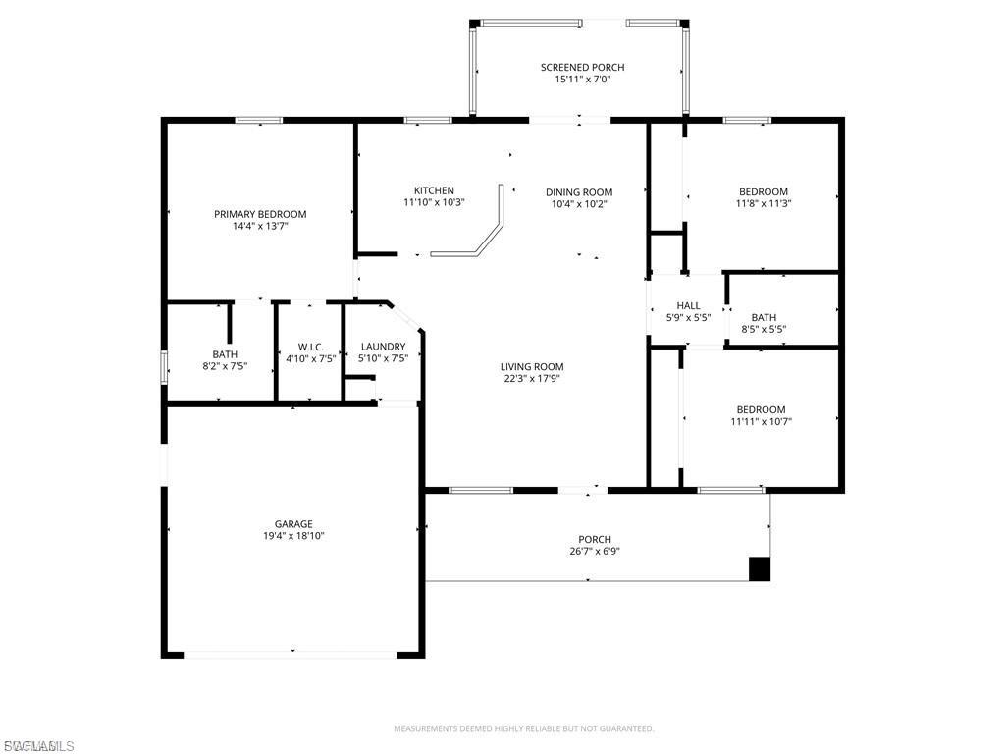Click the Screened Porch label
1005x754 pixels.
click(582, 68)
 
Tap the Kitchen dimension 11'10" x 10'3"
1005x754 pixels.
click(433, 203)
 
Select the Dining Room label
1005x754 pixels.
click(579, 192)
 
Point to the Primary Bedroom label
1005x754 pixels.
click(260, 214)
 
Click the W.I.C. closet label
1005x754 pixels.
click(310, 348)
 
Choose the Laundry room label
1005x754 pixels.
click(383, 347)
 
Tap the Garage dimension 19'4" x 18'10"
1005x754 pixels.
click(293, 536)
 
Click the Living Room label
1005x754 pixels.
click(532, 367)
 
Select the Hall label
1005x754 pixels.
click(688, 306)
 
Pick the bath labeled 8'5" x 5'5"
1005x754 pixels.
click(764, 330)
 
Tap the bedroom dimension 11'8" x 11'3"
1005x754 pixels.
click(764, 204)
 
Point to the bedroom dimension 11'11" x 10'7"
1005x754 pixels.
click(761, 422)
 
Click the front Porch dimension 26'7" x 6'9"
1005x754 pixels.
click(595, 551)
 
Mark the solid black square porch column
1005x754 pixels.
click(760, 569)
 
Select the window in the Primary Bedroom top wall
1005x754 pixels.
click(258, 121)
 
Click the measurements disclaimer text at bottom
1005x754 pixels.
click(523, 728)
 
